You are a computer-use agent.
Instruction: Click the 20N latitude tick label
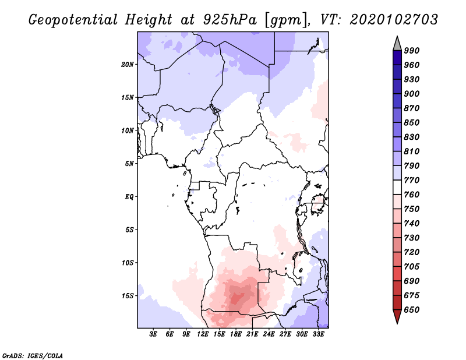click(x=128, y=64)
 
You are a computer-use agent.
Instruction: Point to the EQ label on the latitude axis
click(x=130, y=197)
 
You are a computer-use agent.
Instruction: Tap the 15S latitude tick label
click(x=128, y=296)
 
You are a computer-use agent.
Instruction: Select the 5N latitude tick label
click(x=129, y=164)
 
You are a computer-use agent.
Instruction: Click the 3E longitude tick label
click(x=153, y=334)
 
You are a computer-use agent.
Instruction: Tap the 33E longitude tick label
click(x=319, y=334)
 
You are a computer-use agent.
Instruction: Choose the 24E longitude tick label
click(x=269, y=334)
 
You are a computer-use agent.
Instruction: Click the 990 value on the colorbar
click(x=412, y=51)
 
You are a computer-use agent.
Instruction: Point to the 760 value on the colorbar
click(x=412, y=195)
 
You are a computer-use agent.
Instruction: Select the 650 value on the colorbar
click(x=412, y=310)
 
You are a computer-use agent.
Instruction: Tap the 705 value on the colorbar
click(x=412, y=267)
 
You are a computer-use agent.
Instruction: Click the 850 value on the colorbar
click(x=412, y=123)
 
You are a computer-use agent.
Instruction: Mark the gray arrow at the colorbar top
click(x=397, y=43)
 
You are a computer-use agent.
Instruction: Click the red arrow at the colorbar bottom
click(x=397, y=317)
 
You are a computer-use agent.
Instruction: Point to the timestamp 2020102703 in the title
click(x=394, y=20)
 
